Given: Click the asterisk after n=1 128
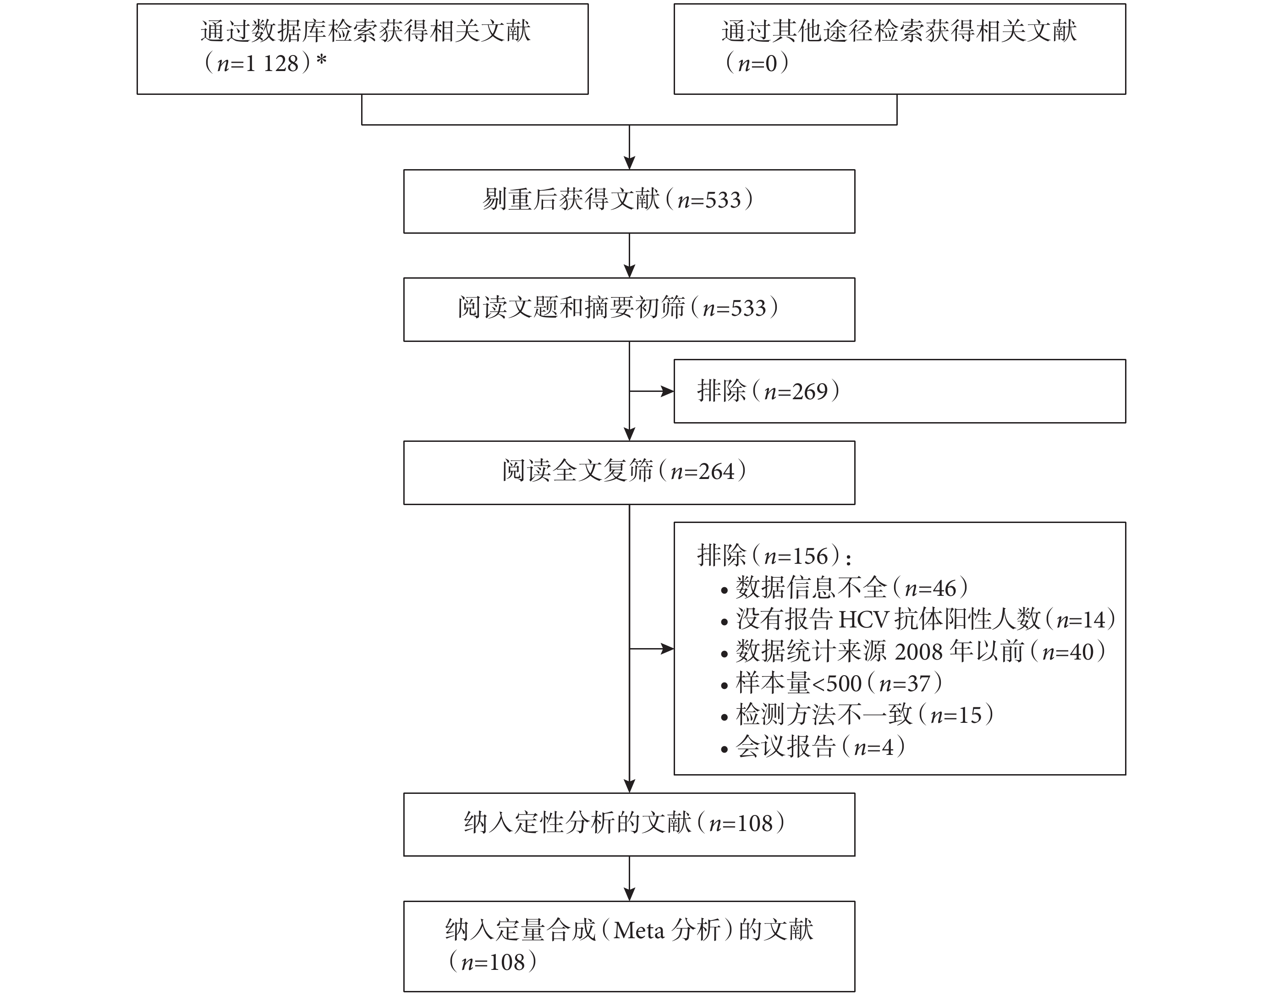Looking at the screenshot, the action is [321, 60].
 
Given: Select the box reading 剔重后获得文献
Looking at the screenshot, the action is [629, 202].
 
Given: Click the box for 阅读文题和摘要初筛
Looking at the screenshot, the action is [629, 310].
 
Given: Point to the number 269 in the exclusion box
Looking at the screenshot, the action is [809, 391].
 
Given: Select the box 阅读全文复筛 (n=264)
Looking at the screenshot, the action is [629, 473].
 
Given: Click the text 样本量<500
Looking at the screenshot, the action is [798, 683].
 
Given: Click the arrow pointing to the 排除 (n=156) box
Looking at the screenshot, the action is [652, 649].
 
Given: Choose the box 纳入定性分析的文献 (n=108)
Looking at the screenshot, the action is [629, 825].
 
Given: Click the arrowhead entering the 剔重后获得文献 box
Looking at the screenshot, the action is [629, 163].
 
